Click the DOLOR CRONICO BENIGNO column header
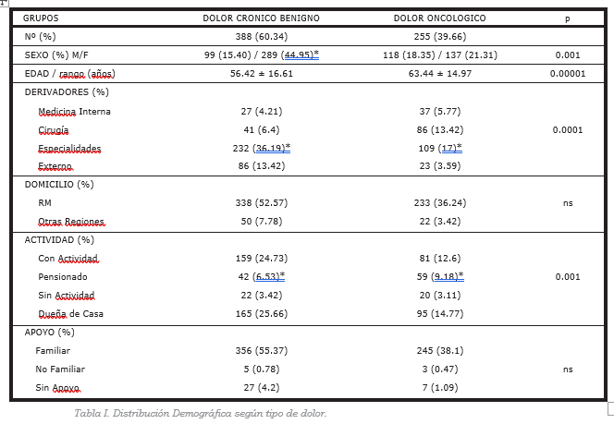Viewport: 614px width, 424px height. (x=261, y=18)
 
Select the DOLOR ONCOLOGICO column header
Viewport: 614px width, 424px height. (x=440, y=18)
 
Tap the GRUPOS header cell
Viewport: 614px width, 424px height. (x=41, y=18)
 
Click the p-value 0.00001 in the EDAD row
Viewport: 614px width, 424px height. (x=568, y=74)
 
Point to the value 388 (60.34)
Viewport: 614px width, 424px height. (x=261, y=37)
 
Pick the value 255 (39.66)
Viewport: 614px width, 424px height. (x=440, y=37)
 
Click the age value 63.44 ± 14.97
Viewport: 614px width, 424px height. (x=440, y=74)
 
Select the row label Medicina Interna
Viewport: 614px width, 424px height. (x=74, y=112)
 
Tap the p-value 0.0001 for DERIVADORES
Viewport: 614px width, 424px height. (x=568, y=130)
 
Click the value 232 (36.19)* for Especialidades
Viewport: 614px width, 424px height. (x=261, y=148)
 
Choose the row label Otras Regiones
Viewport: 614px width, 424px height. (x=71, y=222)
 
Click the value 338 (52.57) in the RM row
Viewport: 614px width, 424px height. (x=261, y=203)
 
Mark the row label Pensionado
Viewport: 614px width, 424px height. (x=63, y=277)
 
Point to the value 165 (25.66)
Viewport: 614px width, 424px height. (x=261, y=314)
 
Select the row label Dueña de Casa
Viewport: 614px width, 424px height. (x=71, y=314)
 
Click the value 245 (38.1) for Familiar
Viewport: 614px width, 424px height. (x=440, y=351)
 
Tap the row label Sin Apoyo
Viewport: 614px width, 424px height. (x=58, y=388)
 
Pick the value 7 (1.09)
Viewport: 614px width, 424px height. (x=440, y=388)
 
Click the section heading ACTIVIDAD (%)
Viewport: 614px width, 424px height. (x=59, y=240)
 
